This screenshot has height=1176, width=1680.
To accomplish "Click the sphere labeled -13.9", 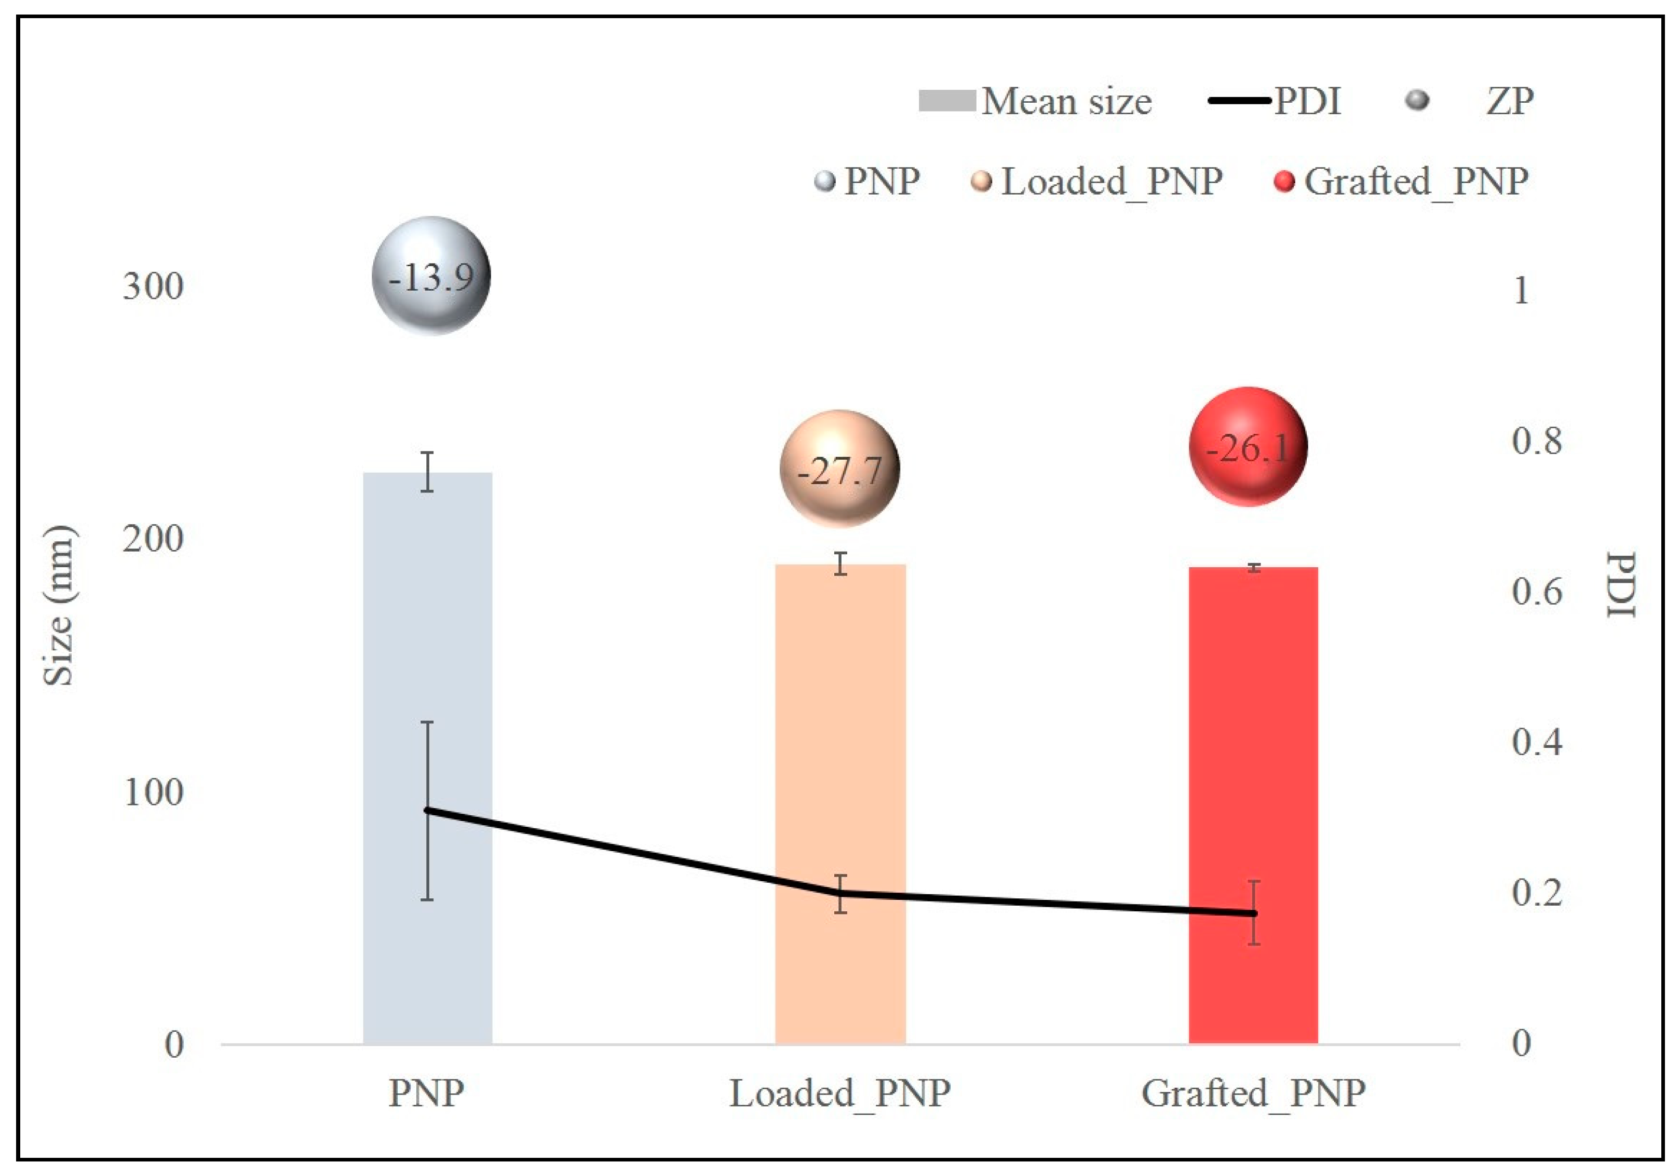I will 431,276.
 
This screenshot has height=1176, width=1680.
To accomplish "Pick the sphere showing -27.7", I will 839,469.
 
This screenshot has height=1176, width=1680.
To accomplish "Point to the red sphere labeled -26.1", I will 1248,446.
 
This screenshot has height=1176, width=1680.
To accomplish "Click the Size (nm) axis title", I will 59,606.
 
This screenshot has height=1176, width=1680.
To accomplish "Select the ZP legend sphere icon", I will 1417,100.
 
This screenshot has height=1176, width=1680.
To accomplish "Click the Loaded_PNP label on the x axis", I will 840,1094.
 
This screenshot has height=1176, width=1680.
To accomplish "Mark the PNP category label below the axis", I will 426,1094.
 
